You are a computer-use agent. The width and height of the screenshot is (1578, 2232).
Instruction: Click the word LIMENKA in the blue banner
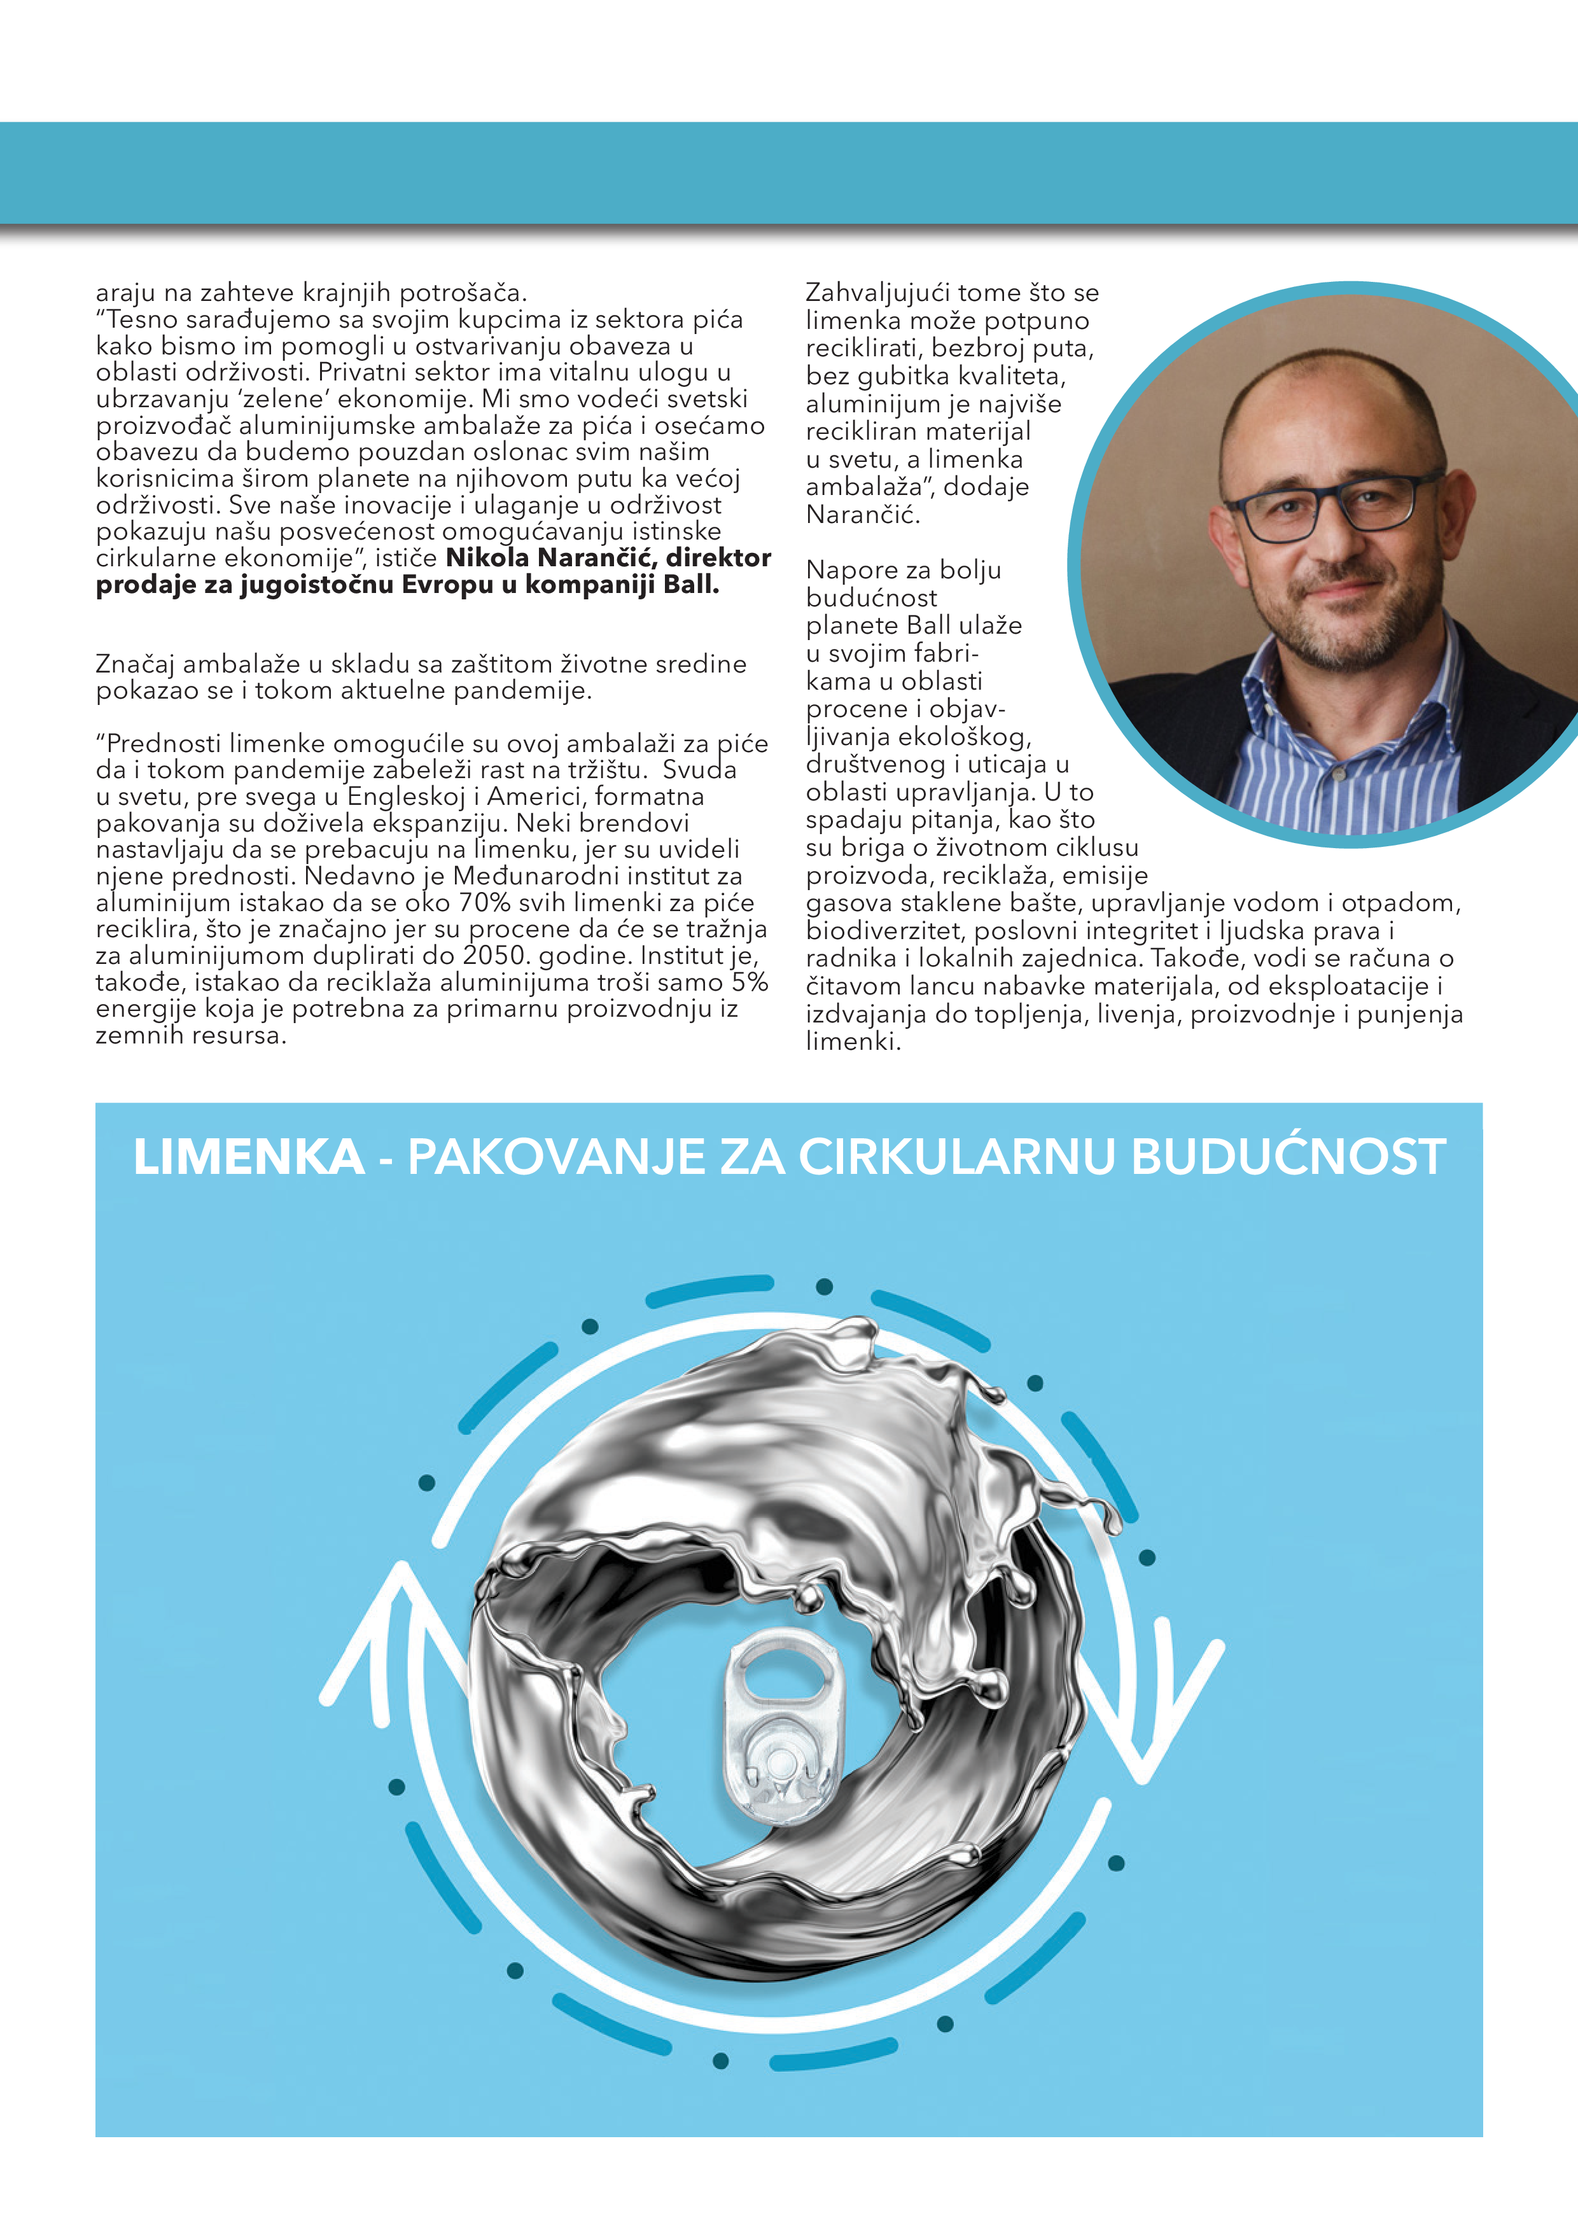point(248,1157)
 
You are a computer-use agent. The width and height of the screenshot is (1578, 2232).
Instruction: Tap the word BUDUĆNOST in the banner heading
point(1288,1157)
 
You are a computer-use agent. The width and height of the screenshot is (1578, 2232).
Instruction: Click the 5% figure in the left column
point(751,983)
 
